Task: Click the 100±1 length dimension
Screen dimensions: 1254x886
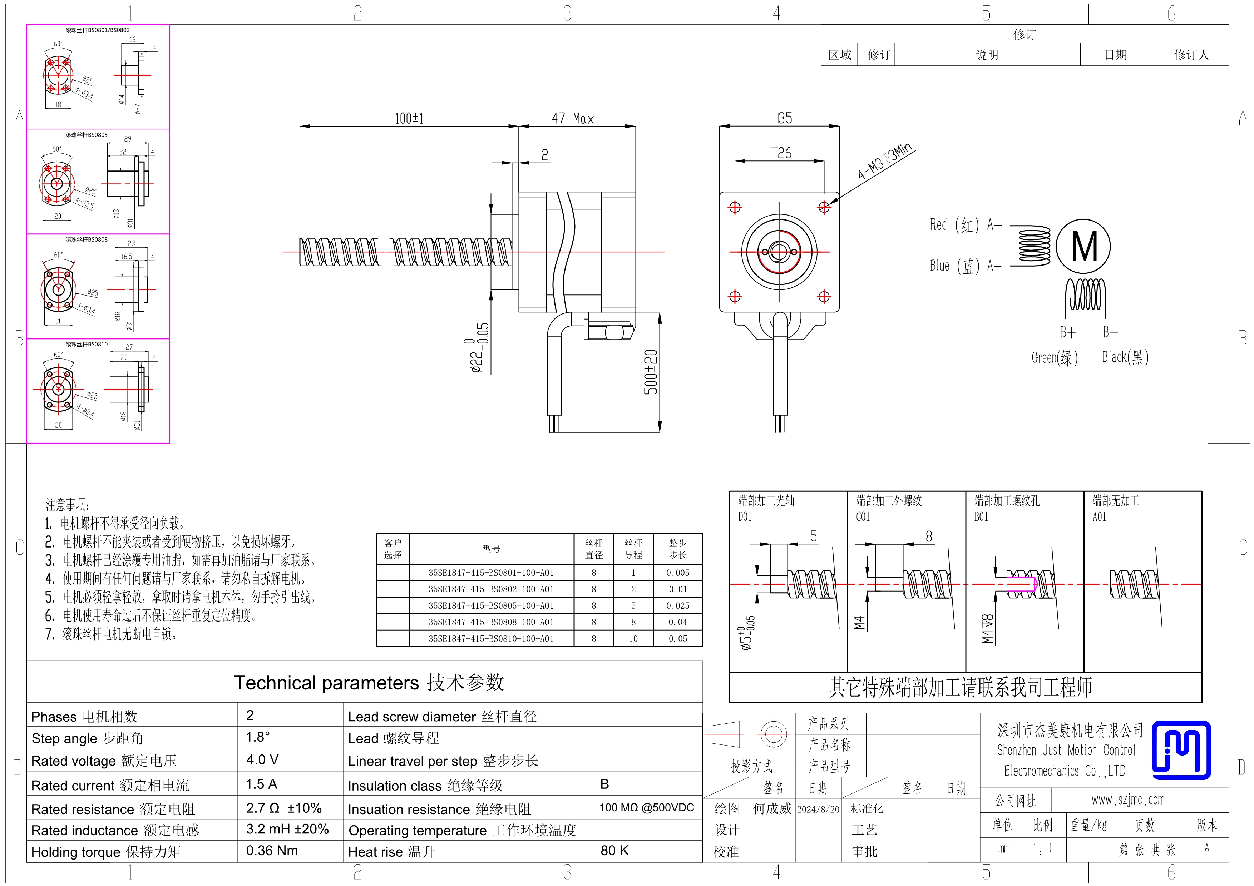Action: [409, 118]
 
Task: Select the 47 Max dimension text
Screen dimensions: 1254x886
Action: [572, 118]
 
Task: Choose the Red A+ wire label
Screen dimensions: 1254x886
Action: [966, 225]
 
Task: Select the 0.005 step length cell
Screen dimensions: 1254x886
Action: [677, 573]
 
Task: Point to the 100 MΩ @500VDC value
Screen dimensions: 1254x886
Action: [647, 807]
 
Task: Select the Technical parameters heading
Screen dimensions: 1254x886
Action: [369, 683]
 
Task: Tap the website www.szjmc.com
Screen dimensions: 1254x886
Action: [1128, 800]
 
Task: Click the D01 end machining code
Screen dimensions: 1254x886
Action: [745, 516]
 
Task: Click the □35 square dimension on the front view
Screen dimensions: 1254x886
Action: [781, 118]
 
